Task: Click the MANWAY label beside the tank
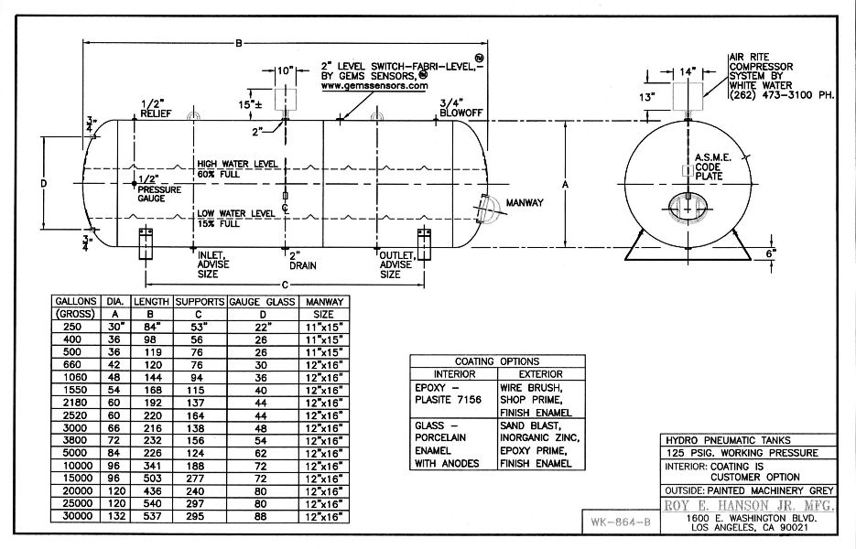point(525,203)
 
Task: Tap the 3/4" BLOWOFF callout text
point(461,108)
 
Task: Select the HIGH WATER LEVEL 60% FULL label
point(237,169)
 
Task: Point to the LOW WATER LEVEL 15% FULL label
point(236,219)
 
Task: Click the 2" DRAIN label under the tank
point(302,260)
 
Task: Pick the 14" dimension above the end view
point(688,72)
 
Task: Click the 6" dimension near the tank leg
point(771,253)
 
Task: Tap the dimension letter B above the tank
point(239,43)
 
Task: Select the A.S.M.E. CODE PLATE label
point(712,167)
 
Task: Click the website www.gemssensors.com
point(374,86)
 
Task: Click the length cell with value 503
point(152,478)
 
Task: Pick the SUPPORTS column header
point(200,302)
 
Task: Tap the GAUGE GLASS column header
point(262,302)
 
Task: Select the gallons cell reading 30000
point(74,516)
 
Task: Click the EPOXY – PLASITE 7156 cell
point(449,393)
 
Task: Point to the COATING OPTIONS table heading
point(497,361)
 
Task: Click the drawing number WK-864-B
point(621,522)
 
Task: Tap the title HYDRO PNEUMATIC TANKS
point(728,440)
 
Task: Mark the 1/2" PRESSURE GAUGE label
point(159,188)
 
